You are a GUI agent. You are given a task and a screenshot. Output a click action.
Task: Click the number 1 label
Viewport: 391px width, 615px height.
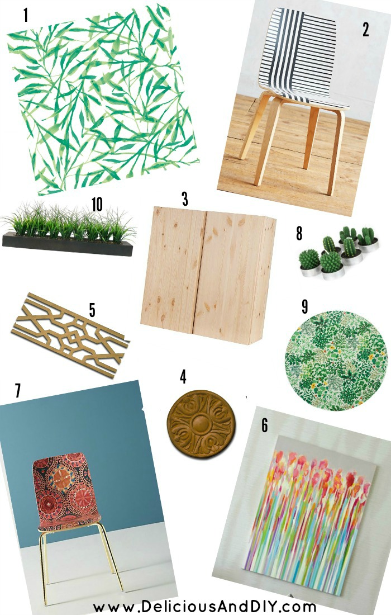(x=26, y=15)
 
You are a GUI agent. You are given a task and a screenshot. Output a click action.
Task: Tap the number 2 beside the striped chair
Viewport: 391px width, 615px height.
(x=365, y=30)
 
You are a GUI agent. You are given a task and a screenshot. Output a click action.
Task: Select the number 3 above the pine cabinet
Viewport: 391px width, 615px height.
(x=184, y=199)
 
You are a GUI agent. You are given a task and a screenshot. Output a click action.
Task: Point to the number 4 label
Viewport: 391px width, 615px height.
(x=183, y=376)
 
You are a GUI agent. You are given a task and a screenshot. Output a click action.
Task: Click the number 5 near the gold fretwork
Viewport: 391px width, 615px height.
(x=92, y=310)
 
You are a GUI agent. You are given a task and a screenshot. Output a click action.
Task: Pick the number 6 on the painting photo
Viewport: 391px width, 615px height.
(x=265, y=425)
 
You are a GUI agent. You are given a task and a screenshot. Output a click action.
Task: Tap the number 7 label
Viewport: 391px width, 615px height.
(x=18, y=391)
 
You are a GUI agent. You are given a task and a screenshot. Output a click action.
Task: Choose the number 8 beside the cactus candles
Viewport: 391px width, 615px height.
(x=299, y=233)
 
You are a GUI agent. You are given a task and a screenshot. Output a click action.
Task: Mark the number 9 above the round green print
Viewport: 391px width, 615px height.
(x=305, y=307)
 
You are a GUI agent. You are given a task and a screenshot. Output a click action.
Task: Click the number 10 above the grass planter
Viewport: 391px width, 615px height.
(x=97, y=204)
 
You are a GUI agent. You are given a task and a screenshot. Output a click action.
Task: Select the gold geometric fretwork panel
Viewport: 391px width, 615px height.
(x=70, y=335)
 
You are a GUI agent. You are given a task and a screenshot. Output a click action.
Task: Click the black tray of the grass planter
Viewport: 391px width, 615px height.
(x=68, y=245)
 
